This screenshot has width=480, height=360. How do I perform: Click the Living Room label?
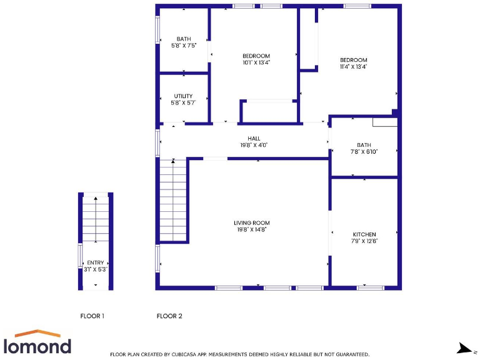[252, 223]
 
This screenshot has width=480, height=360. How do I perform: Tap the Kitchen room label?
[364, 234]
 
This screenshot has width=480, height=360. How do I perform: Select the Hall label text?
[254, 139]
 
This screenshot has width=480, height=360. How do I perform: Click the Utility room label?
[183, 96]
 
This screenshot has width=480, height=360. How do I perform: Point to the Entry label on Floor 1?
[96, 262]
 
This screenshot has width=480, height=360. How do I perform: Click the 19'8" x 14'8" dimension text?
[252, 230]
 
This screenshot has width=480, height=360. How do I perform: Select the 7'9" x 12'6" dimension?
[364, 241]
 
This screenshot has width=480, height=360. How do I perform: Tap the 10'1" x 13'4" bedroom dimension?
[256, 62]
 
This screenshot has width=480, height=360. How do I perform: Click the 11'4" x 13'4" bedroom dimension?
[353, 67]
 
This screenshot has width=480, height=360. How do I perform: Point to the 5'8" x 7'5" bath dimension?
[184, 46]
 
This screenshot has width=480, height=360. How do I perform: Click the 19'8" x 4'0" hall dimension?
[254, 146]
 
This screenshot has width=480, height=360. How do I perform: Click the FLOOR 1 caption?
[92, 316]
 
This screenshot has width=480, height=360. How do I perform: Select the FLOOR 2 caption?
[169, 316]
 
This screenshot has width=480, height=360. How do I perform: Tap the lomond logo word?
[37, 346]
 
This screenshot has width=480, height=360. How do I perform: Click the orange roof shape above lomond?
[37, 333]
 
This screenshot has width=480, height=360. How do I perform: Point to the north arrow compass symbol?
[464, 347]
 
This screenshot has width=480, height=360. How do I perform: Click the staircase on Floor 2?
[174, 200]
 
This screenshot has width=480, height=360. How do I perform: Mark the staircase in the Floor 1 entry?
[96, 219]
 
